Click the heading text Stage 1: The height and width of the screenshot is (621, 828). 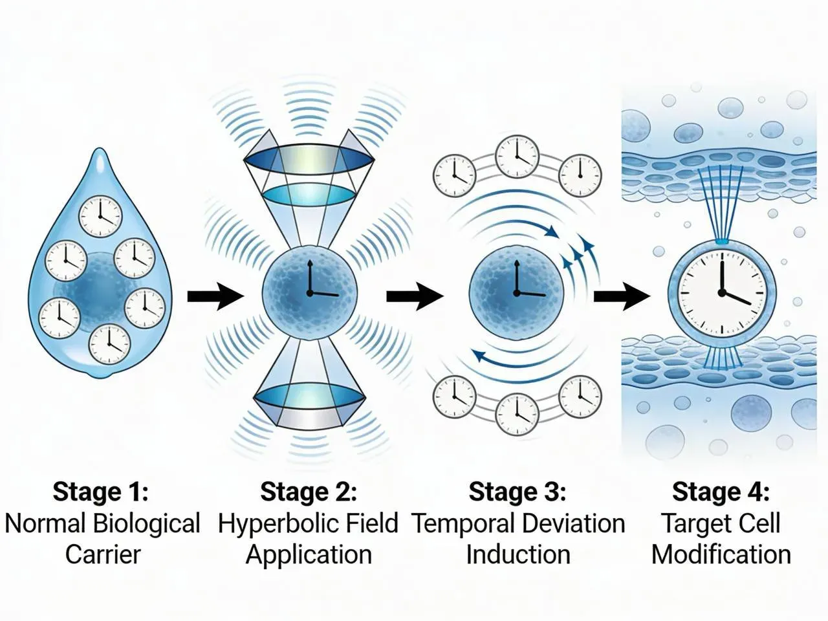coord(101,492)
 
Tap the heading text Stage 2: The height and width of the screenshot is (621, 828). coord(309,492)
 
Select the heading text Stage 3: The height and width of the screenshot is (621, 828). coord(517,492)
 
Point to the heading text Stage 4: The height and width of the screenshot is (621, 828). coord(721,492)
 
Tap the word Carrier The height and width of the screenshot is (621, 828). coord(103,554)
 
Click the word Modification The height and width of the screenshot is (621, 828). coord(721,554)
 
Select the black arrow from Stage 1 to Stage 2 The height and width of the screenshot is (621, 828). coord(215,296)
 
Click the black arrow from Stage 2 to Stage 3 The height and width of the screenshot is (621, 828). coord(415,296)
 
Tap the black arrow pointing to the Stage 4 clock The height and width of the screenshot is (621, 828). coord(622,296)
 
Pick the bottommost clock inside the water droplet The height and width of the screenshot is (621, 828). coord(109,345)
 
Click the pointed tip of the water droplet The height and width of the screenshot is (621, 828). coord(100,149)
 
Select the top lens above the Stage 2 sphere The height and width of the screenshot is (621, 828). coord(309,160)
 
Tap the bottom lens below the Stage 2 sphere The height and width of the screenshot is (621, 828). coord(310,398)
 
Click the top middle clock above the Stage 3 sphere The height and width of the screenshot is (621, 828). coord(517,157)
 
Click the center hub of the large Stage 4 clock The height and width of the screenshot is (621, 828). coord(722,292)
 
